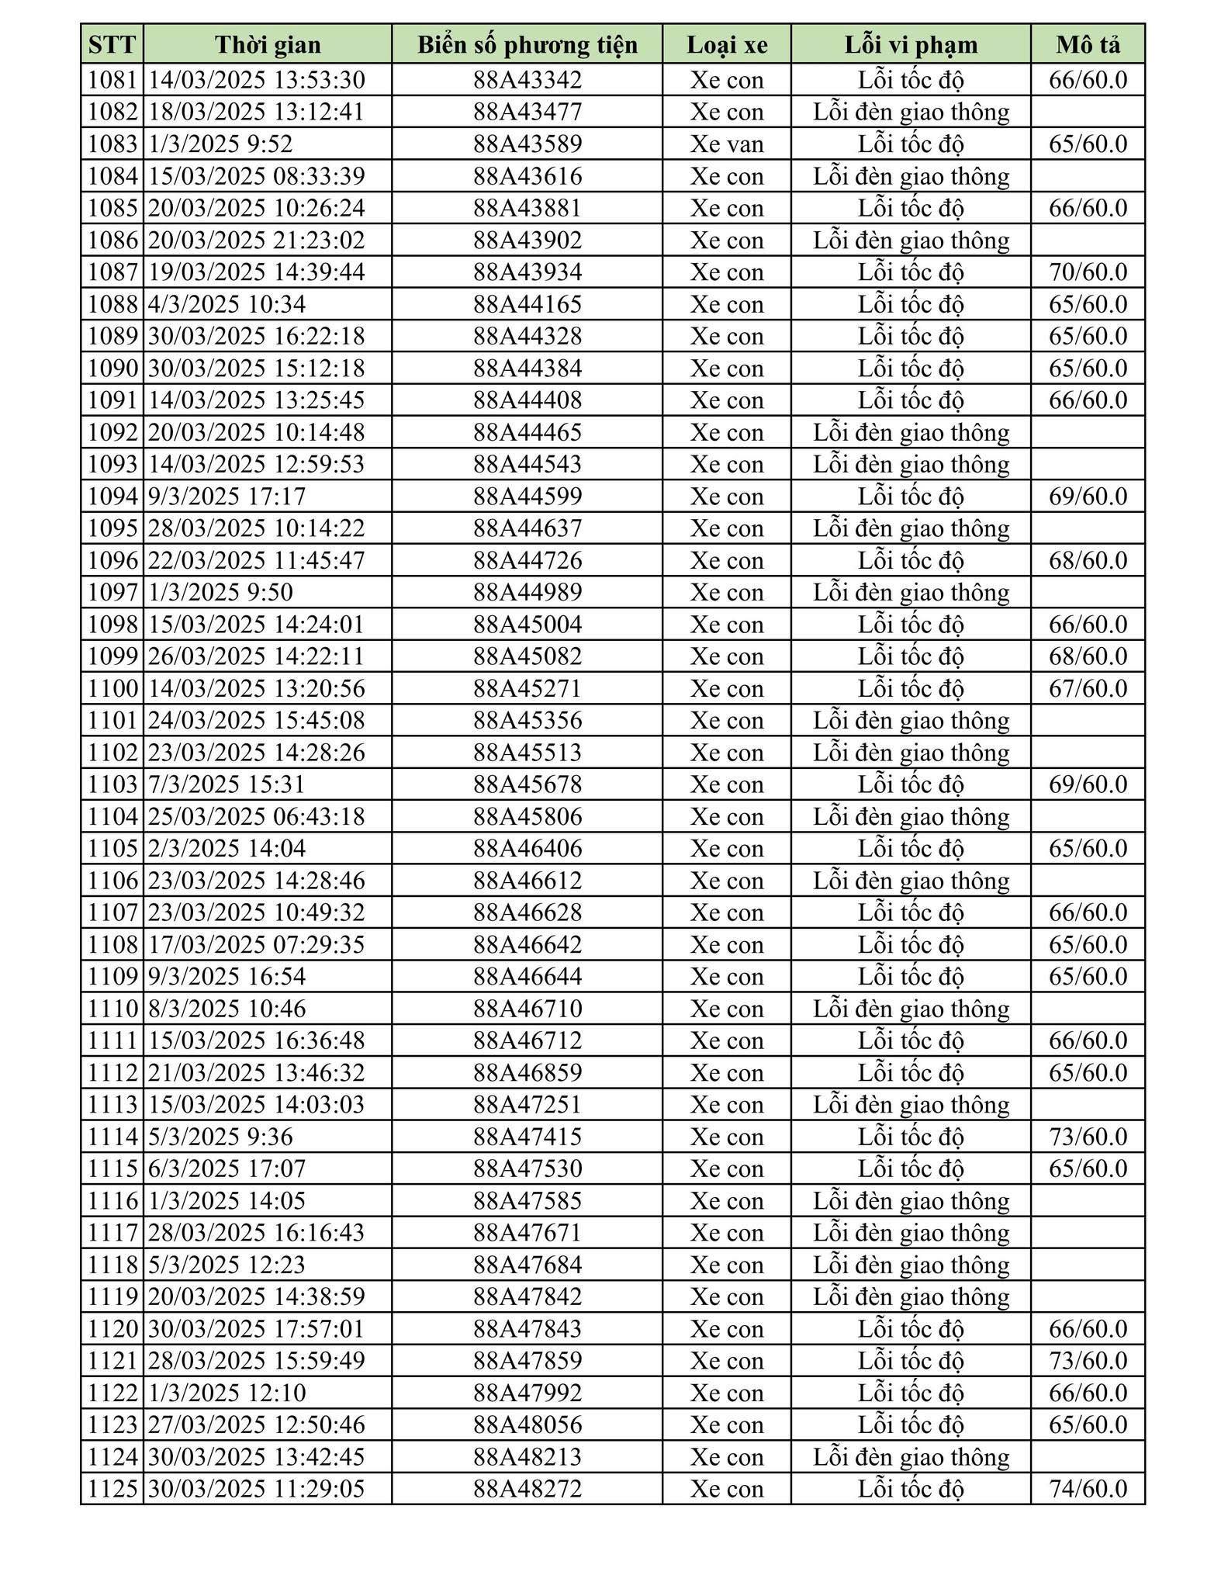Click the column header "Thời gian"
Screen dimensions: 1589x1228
pyautogui.click(x=268, y=45)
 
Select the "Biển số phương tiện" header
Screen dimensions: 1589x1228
pyautogui.click(x=528, y=45)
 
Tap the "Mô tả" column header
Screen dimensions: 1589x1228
pyautogui.click(x=1088, y=45)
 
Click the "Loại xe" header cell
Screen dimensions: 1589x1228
pyautogui.click(x=727, y=45)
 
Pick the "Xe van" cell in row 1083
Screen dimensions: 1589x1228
pyautogui.click(x=727, y=144)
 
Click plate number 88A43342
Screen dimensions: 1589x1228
pyautogui.click(x=528, y=80)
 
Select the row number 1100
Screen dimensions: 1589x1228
pyautogui.click(x=112, y=688)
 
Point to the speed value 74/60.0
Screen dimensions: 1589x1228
pyautogui.click(x=1088, y=1488)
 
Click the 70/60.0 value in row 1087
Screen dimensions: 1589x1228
pyautogui.click(x=1088, y=272)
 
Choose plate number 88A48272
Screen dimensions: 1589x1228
pyautogui.click(x=528, y=1488)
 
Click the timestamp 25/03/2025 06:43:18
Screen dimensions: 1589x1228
pyautogui.click(x=256, y=816)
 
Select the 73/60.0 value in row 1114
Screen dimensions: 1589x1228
pyautogui.click(x=1088, y=1137)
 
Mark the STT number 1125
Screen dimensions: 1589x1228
pyautogui.click(x=112, y=1488)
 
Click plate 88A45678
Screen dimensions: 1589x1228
pyautogui.click(x=528, y=784)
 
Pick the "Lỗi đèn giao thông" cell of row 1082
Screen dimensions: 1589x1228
pyautogui.click(x=911, y=113)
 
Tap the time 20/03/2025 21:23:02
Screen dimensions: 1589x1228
pyautogui.click(x=256, y=241)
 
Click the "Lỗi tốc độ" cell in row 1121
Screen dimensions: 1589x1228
pyautogui.click(x=911, y=1360)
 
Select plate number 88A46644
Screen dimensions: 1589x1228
pyautogui.click(x=528, y=976)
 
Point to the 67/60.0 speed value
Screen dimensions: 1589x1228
pyautogui.click(x=1088, y=688)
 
